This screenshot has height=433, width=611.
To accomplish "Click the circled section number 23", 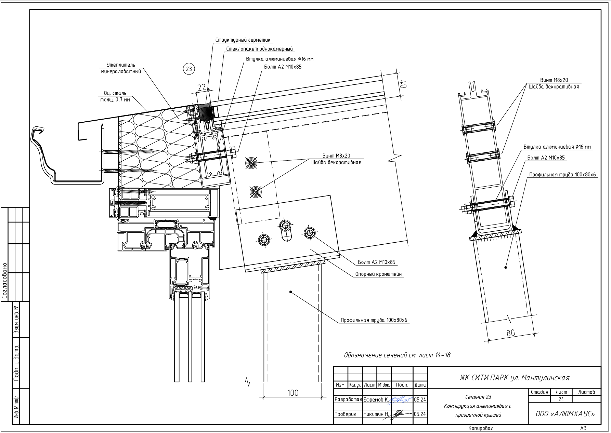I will [x=188, y=69].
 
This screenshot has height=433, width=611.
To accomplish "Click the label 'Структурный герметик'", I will [x=243, y=40].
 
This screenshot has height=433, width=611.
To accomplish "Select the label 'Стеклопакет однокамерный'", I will [x=260, y=49].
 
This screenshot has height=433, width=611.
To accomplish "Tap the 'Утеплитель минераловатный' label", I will [x=121, y=68].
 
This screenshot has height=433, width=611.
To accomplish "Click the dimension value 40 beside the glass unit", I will [x=404, y=84].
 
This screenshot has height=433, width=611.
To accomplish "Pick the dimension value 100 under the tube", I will [x=293, y=393].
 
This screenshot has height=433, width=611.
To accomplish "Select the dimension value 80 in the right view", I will [x=510, y=332].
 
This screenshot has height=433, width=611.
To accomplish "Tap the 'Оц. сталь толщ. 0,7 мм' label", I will [x=115, y=96].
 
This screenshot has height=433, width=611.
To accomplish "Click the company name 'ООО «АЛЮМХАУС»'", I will [x=565, y=414].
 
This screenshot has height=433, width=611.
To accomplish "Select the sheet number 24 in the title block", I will [x=561, y=399].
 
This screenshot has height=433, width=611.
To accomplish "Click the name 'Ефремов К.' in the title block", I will [x=376, y=400].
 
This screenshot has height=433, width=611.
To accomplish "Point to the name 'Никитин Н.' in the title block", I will [x=376, y=414].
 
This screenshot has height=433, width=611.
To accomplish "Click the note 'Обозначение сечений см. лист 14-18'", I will [x=397, y=355].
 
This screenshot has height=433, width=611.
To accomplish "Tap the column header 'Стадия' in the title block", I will [x=539, y=392].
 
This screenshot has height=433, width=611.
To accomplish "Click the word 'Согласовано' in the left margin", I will [x=5, y=281].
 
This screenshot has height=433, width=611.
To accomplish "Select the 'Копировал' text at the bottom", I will [x=481, y=428].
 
